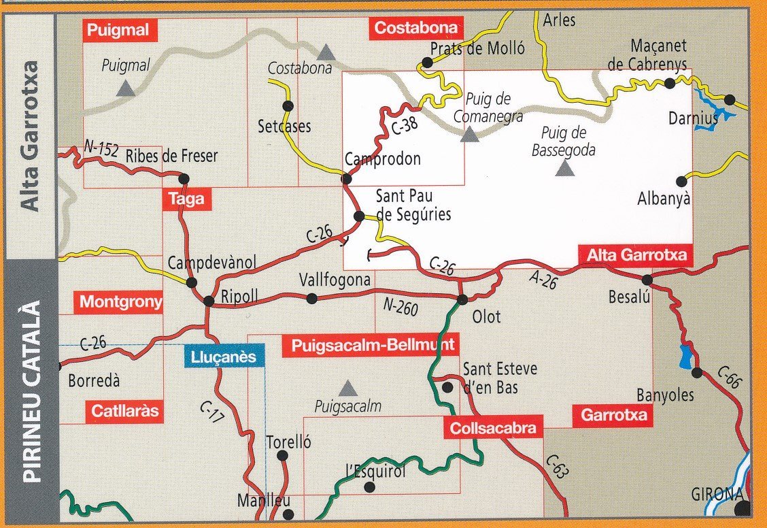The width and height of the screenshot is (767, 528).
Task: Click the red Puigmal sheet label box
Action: click(x=120, y=29)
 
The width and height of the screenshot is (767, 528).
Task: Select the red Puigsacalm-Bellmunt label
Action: click(x=368, y=346)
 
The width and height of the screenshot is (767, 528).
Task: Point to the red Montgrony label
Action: click(x=121, y=301)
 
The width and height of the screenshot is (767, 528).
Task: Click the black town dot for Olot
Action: click(x=462, y=299)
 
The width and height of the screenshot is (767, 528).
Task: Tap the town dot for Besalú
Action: click(x=647, y=279)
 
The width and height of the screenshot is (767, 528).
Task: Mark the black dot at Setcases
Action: click(x=288, y=105)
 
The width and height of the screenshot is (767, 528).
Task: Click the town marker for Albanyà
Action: click(x=681, y=181)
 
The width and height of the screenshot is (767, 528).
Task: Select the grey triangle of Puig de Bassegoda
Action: click(x=564, y=169)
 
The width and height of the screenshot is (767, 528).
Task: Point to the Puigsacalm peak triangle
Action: click(x=348, y=389)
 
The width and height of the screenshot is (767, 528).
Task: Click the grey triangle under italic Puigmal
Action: click(x=124, y=88)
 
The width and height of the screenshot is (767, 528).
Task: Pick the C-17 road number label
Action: click(x=212, y=412)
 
